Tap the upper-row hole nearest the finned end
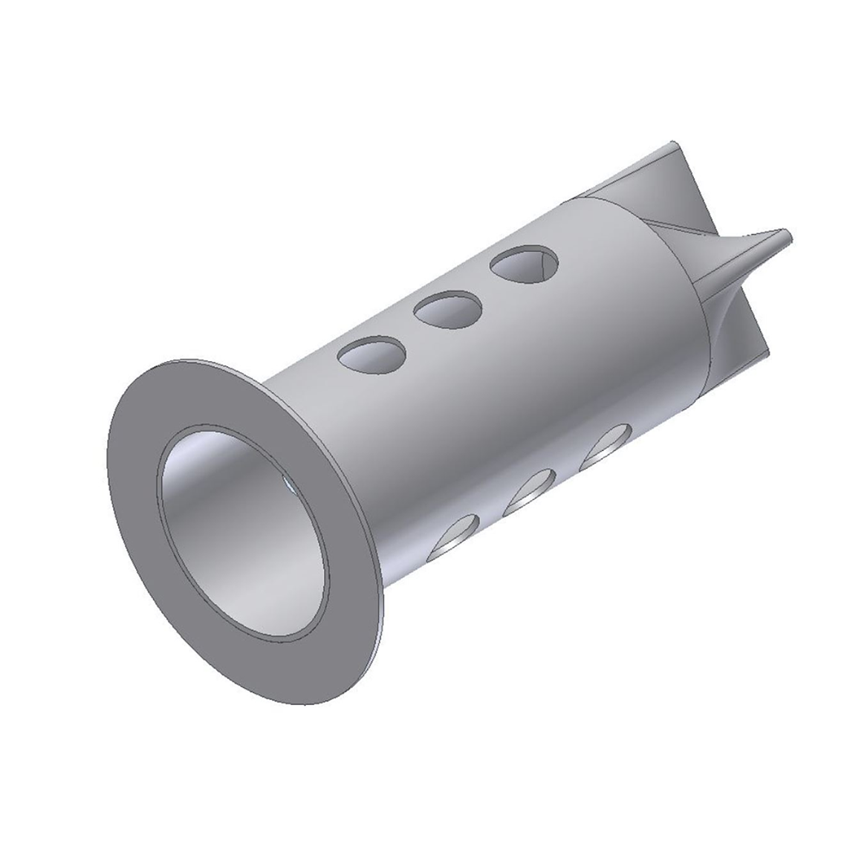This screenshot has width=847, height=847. pyautogui.click(x=526, y=265)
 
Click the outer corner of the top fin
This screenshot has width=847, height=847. pyautogui.click(x=672, y=143)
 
